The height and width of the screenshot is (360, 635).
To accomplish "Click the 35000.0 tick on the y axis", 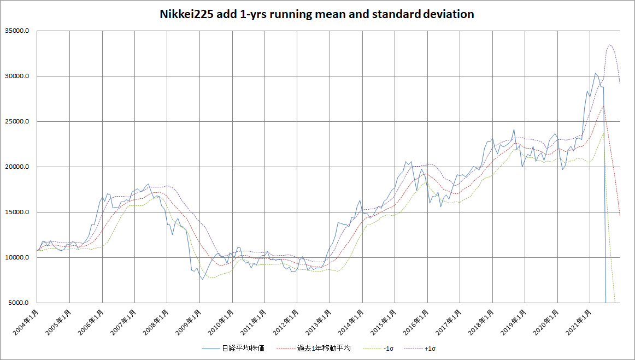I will pyautogui.click(x=17, y=31).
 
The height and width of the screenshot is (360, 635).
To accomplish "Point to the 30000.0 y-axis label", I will pyautogui.click(x=17, y=76).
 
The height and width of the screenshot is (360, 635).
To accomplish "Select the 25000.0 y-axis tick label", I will pyautogui.click(x=17, y=122).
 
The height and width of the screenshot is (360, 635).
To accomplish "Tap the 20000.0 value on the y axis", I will pyautogui.click(x=17, y=167).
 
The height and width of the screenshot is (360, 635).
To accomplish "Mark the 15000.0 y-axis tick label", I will pyautogui.click(x=17, y=213).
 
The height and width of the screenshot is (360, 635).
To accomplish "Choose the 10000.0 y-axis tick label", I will pyautogui.click(x=17, y=258).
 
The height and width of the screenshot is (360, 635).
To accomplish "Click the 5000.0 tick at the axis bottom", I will pyautogui.click(x=19, y=303).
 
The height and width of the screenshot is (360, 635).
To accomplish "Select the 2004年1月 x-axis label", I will pyautogui.click(x=24, y=323).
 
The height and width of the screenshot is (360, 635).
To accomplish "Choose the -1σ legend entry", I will pyautogui.click(x=386, y=348).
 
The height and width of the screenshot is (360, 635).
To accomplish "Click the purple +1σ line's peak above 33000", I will pyautogui.click(x=609, y=45).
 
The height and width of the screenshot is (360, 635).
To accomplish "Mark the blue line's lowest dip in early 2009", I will pyautogui.click(x=202, y=279).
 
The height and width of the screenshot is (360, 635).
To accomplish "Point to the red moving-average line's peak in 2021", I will pyautogui.click(x=603, y=106).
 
